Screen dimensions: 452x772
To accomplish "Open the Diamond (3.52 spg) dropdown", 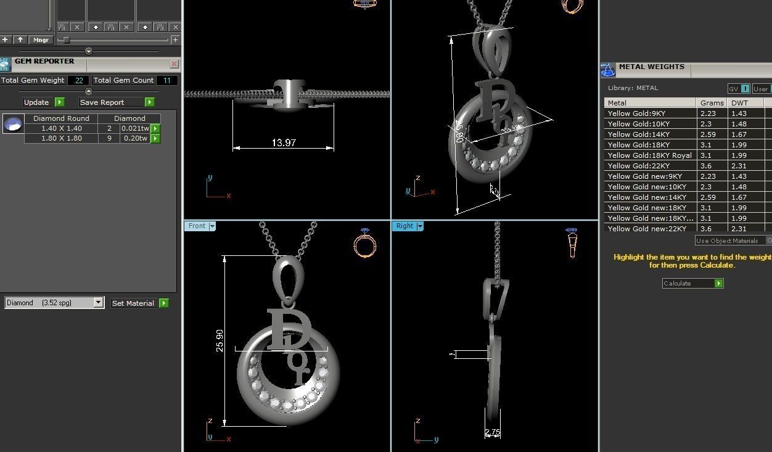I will point(97,303).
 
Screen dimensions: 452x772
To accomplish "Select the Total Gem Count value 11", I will point(166,80).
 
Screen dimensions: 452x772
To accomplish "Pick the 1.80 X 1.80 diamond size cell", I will point(61,139).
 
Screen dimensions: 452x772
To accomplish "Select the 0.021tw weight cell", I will point(134,128).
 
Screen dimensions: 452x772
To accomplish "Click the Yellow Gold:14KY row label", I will point(638,134).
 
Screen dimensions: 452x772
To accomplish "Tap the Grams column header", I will point(712,103).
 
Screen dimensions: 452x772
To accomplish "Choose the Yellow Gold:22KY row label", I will point(638,166).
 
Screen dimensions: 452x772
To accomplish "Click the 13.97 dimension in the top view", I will point(283,143).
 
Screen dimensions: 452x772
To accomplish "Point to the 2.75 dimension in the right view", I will point(492,433).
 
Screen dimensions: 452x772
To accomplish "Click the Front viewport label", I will point(197,226).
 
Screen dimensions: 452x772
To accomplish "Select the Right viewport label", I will point(404,226).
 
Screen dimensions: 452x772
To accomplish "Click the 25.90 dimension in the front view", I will point(220,340).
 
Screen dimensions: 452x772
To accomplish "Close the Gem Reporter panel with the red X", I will point(174,64).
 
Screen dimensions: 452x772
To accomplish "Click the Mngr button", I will point(42,39).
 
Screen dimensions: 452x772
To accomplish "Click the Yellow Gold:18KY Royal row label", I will point(649,155).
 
